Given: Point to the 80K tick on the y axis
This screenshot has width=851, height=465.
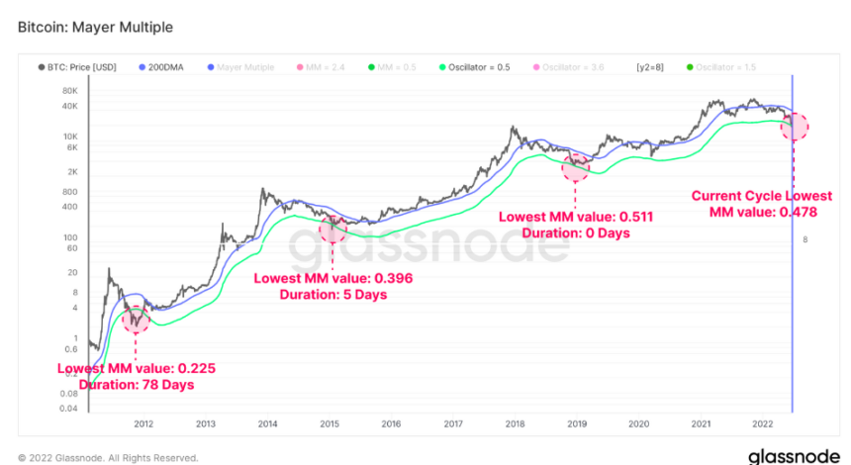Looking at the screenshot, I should click(69, 90).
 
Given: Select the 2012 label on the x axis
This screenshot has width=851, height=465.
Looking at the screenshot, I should click(143, 424).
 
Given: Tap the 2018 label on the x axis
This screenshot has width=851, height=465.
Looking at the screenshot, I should click(515, 424).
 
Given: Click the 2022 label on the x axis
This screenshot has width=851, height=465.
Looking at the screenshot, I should click(762, 424).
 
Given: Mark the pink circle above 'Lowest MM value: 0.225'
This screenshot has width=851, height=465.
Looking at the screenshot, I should click(136, 319).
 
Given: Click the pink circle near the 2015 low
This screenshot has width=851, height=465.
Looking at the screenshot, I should click(332, 228).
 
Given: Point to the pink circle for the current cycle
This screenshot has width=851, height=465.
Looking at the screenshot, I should click(795, 126).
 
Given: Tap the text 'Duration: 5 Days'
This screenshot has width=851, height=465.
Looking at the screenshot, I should click(332, 294).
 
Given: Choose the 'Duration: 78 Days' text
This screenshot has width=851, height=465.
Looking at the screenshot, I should click(136, 384).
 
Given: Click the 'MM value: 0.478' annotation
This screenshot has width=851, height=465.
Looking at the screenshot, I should click(762, 212).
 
